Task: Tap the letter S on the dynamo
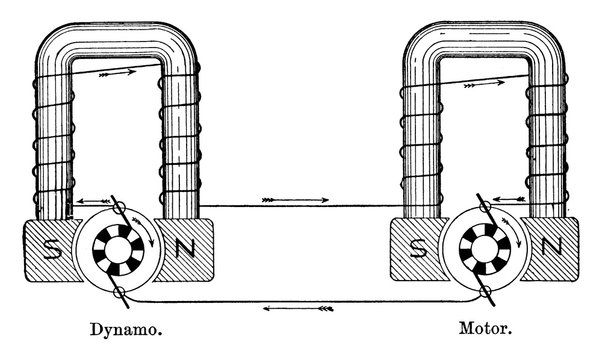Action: coord(50,247)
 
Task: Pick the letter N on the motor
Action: coord(548,247)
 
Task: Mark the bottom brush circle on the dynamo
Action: coord(119,291)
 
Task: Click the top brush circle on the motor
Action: coord(485,205)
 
